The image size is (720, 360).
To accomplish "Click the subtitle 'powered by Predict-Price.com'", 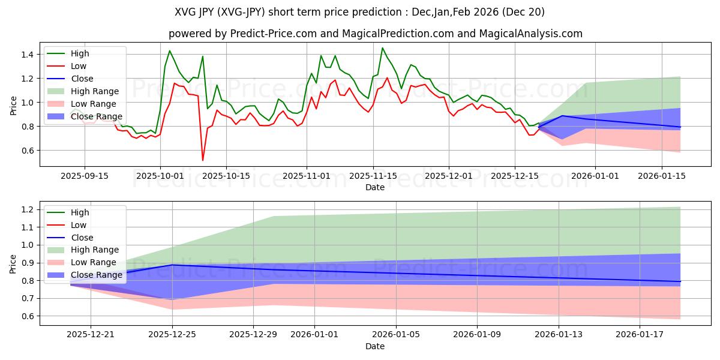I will [375, 34].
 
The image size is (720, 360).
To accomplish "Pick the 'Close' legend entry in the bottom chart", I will [82, 238].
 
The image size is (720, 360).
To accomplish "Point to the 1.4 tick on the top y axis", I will [26, 55].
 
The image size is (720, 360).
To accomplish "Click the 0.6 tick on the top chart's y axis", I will [26, 151].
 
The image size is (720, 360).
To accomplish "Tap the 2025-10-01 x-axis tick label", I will [160, 175].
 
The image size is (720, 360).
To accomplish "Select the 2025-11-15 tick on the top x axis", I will [373, 175].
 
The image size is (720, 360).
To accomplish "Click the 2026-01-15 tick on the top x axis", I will [662, 175].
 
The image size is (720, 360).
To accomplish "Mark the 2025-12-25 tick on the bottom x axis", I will [172, 334].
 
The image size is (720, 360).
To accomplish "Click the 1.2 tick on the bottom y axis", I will [26, 209].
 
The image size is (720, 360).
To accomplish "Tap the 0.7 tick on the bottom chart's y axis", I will [26, 298].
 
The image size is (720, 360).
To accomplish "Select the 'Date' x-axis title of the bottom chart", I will [375, 346].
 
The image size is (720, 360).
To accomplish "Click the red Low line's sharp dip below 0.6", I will [203, 160].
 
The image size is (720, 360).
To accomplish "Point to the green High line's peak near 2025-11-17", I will [382, 48].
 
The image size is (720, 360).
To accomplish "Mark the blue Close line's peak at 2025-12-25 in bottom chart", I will [172, 265].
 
